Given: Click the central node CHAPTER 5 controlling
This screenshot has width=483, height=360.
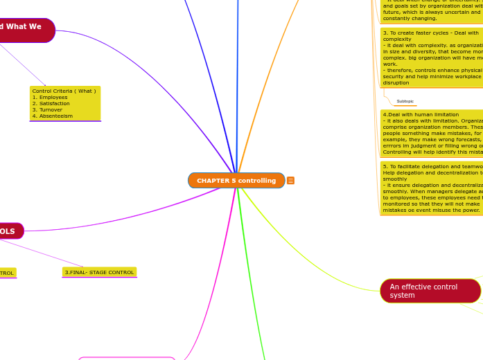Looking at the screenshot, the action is click(x=236, y=181).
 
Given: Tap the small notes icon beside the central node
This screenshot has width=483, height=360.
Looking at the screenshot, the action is click(x=290, y=181).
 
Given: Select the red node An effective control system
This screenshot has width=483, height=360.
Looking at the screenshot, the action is click(x=430, y=291).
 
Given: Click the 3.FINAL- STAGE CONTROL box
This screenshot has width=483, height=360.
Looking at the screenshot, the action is click(x=99, y=272).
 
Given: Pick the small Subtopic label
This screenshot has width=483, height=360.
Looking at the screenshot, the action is click(x=405, y=101).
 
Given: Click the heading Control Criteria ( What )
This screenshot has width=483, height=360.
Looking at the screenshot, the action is click(x=64, y=91).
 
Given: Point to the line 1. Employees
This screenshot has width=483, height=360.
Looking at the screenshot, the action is click(x=50, y=98).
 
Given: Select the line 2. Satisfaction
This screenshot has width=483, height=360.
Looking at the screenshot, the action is click(x=52, y=104).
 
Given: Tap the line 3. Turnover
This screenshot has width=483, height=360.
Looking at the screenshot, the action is click(x=47, y=110).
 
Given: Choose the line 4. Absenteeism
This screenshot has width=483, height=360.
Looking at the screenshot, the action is click(x=53, y=116).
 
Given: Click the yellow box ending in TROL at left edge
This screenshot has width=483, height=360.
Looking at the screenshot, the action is click(x=7, y=273).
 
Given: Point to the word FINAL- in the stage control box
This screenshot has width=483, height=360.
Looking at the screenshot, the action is click(x=78, y=272).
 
